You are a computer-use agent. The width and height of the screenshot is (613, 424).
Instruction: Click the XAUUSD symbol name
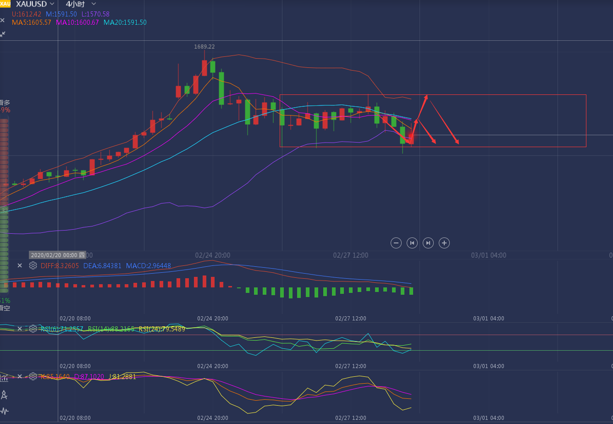31,4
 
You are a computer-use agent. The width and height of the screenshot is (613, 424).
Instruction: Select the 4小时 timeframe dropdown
76,4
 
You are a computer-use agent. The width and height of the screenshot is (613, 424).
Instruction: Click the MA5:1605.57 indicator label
31,22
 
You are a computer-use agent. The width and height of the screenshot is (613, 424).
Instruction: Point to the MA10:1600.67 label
77,22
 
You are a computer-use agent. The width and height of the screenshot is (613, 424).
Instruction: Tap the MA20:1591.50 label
125,22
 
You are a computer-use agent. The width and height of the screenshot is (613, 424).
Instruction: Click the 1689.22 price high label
204,47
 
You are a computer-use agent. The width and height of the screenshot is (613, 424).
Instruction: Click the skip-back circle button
412,243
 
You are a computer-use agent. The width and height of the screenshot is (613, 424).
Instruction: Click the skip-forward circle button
428,243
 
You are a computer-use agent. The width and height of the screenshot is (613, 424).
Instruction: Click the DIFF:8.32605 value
60,266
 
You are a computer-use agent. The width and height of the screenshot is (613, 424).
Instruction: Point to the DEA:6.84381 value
102,266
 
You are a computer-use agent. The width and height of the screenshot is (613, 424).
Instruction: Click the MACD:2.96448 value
148,266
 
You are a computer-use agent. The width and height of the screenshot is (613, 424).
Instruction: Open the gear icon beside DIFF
33,265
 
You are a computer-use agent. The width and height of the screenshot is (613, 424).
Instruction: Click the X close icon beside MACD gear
20,265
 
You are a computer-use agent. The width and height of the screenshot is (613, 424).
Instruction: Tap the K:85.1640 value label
55,377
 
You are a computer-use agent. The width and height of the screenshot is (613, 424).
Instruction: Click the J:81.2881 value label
122,377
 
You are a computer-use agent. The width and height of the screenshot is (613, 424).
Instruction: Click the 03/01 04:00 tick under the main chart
488,255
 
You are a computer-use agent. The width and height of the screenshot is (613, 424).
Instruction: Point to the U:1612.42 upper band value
27,14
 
